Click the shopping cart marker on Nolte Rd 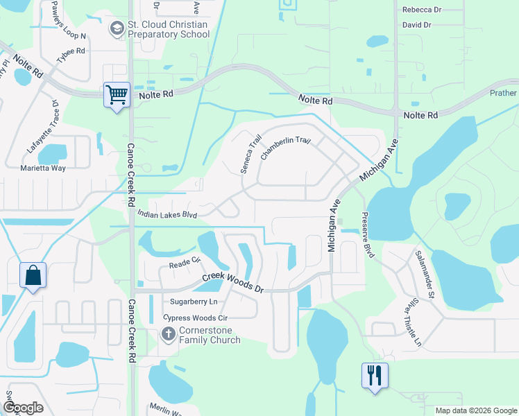[117, 94]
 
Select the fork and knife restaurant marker [374, 376]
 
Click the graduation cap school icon [117, 29]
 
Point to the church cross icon [168, 335]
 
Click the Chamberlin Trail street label [284, 148]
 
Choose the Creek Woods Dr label [233, 282]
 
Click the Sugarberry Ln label [194, 302]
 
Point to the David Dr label [417, 25]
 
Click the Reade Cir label [185, 265]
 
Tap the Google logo [22, 408]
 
